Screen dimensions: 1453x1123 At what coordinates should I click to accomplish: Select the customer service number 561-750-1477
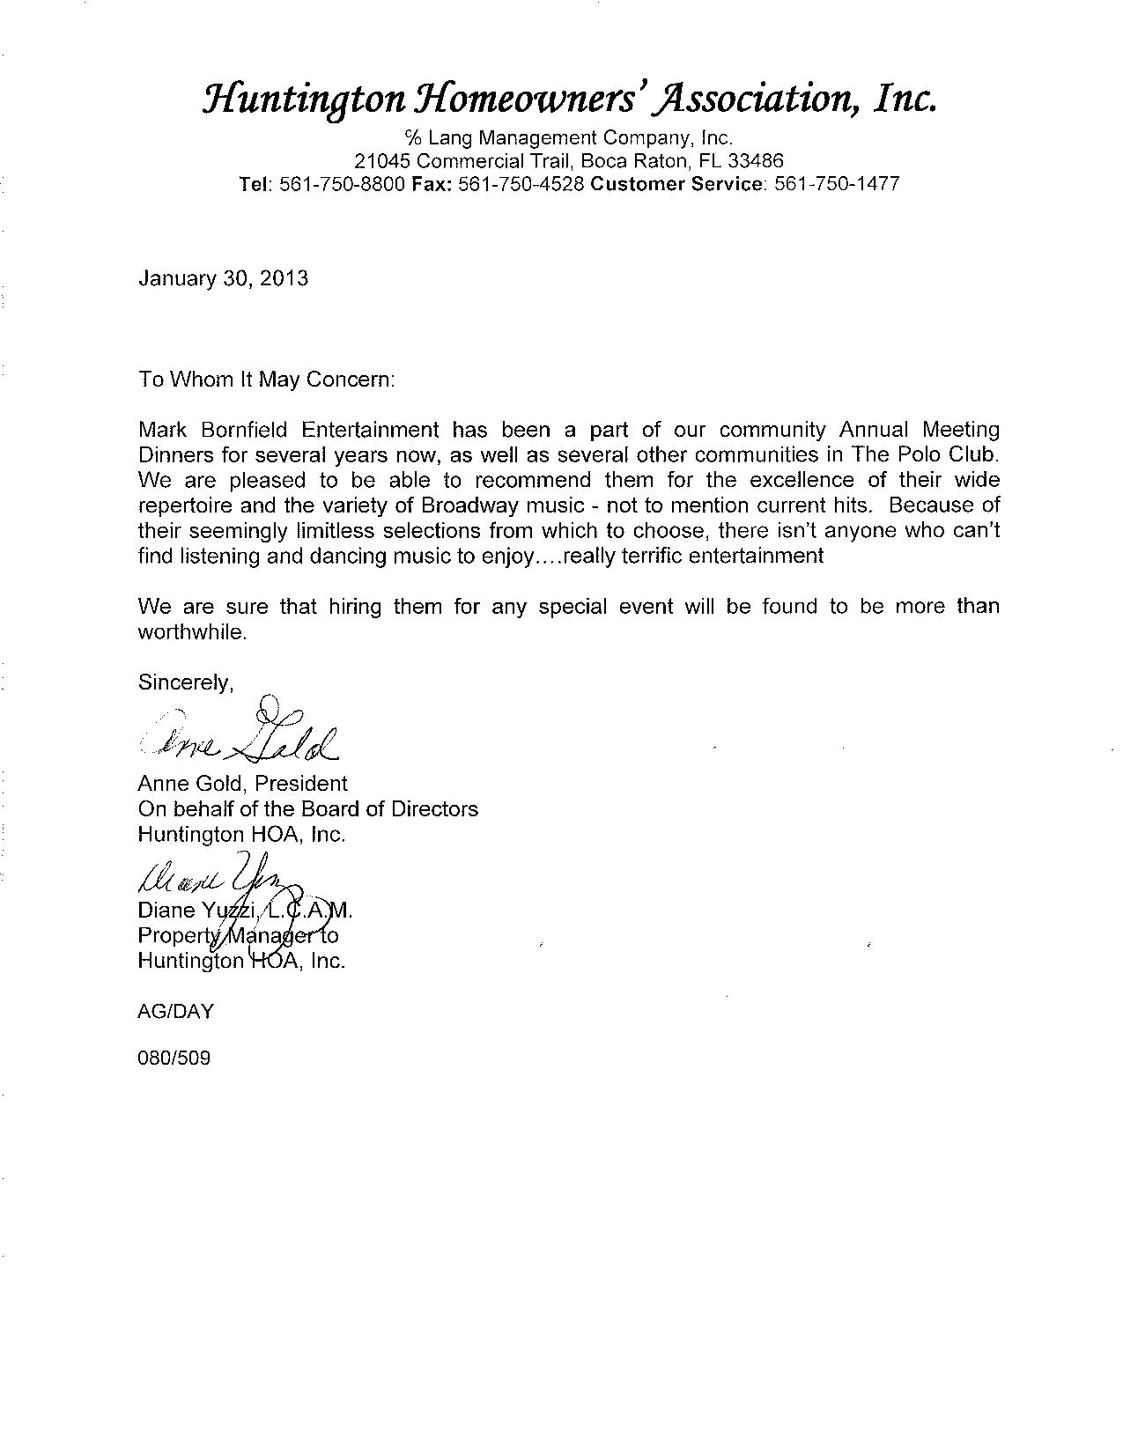point(837,184)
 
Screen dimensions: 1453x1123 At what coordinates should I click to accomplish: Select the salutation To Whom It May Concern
point(268,380)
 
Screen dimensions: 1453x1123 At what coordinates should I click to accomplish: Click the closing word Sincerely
point(186,682)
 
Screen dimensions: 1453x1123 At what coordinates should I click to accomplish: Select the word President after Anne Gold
point(301,784)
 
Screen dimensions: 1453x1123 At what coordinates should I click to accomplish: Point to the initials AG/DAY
point(176,1012)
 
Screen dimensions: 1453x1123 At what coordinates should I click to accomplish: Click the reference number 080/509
point(174,1058)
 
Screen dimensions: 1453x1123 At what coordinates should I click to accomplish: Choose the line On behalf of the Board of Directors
point(308,808)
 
